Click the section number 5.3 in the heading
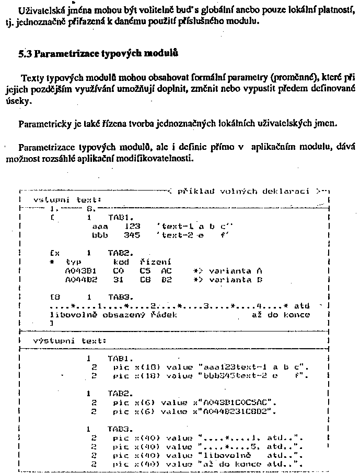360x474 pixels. pos(26,53)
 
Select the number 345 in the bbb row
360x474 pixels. pos(132,235)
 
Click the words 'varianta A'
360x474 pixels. pos(235,271)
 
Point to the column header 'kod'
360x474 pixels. pos(121,262)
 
